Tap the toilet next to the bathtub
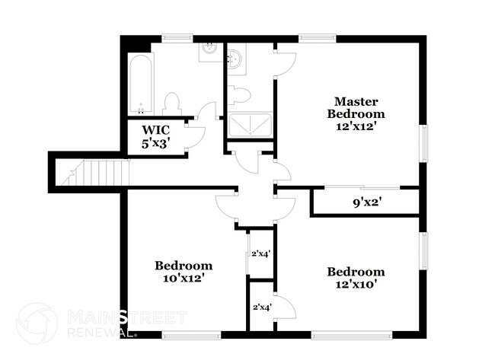[x=172, y=103]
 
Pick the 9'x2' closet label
[x=366, y=202]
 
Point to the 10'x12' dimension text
[x=184, y=279]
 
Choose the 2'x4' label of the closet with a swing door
[x=262, y=307]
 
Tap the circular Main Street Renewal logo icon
[x=37, y=323]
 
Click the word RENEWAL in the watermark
[x=95, y=332]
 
